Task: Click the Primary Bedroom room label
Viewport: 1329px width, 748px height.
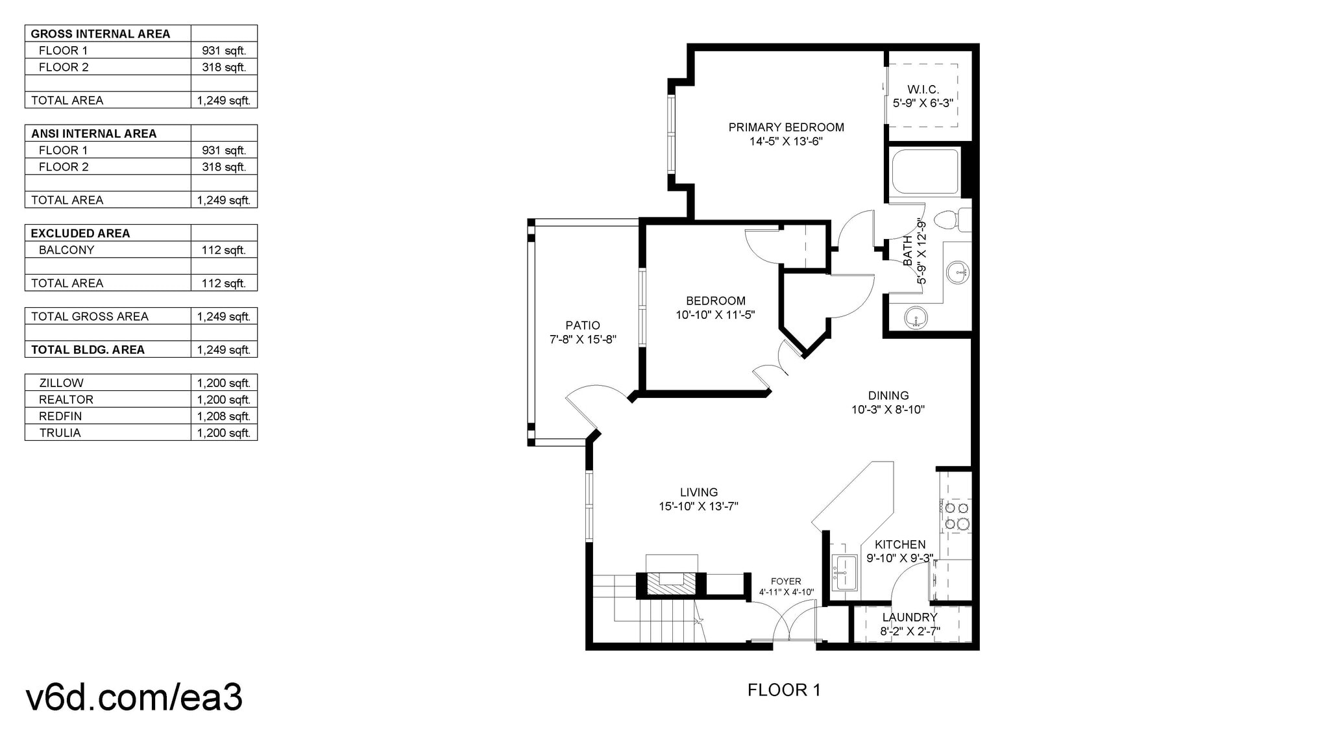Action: tap(786, 127)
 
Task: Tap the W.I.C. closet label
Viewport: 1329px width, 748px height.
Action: tap(923, 90)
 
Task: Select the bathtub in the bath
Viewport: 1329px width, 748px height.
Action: tap(925, 171)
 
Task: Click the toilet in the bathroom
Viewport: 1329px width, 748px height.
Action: tap(954, 219)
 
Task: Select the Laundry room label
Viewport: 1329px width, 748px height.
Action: tap(910, 617)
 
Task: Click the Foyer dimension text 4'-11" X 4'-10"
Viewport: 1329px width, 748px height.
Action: tap(786, 592)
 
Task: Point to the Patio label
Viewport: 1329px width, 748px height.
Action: tap(582, 325)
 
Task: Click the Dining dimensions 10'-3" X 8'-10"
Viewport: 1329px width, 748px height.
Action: tap(888, 410)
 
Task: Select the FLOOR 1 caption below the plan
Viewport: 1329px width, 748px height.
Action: tap(784, 690)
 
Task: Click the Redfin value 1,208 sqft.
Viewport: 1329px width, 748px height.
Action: tap(223, 416)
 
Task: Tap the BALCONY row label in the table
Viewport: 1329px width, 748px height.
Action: tap(66, 250)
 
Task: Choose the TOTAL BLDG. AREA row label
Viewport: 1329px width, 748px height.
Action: tap(88, 350)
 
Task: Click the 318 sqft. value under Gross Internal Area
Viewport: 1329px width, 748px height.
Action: tap(223, 67)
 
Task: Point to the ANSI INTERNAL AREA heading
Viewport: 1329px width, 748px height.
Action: tap(93, 134)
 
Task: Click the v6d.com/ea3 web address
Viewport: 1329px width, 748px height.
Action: tap(134, 697)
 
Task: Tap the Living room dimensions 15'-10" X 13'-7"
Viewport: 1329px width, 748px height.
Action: tap(698, 506)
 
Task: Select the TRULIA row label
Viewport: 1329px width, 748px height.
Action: tap(60, 433)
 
